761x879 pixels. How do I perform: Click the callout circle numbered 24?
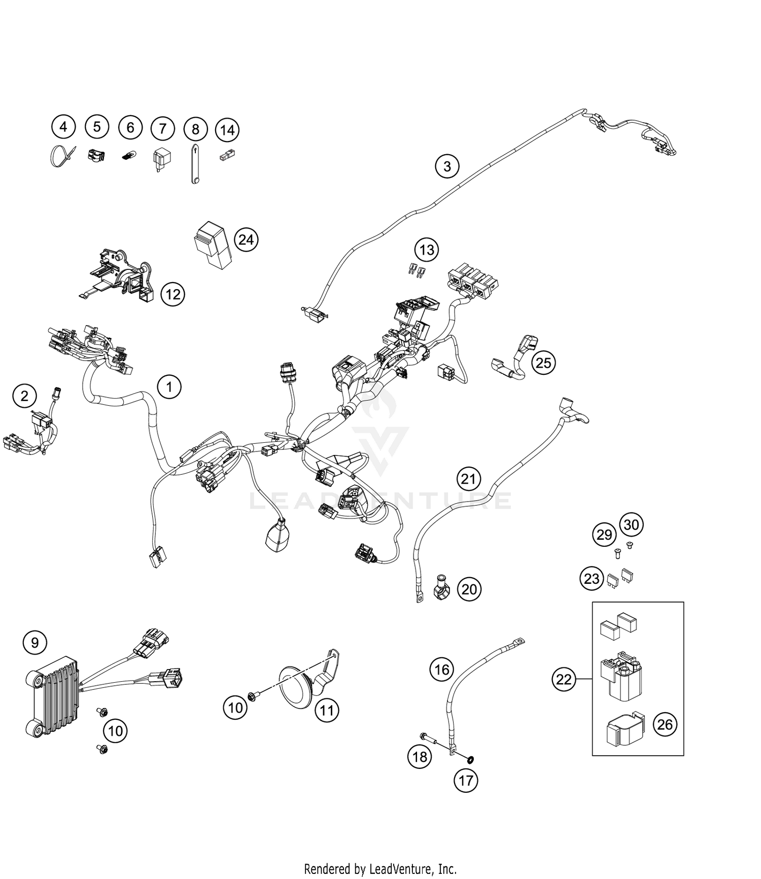click(246, 239)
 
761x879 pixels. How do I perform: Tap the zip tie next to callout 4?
click(60, 156)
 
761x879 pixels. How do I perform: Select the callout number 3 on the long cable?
click(447, 166)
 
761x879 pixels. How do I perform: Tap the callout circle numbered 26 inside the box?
click(665, 724)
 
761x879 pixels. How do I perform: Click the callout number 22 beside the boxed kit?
click(564, 679)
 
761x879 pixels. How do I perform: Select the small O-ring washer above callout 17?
click(470, 759)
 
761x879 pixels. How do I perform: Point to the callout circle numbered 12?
click(173, 294)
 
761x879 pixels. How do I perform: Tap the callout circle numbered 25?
click(543, 363)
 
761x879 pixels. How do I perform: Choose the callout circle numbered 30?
click(631, 524)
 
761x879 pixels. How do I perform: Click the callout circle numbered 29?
click(604, 535)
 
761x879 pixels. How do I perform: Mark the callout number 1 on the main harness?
click(169, 387)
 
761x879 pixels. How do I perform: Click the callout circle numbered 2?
click(25, 395)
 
